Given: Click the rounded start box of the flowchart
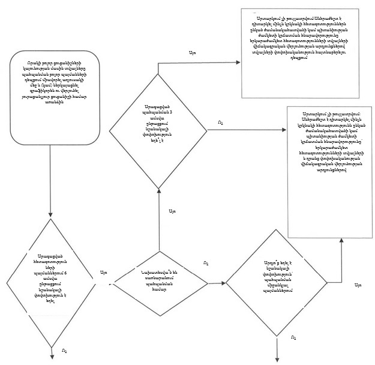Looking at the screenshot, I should pyautogui.click(x=52, y=98).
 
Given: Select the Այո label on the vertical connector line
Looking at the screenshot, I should pyautogui.click(x=172, y=211).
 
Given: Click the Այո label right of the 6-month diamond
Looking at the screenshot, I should pyautogui.click(x=103, y=273).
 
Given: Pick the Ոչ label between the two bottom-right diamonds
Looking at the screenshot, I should pyautogui.click(x=206, y=263).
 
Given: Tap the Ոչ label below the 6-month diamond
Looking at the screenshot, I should pyautogui.click(x=64, y=350).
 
